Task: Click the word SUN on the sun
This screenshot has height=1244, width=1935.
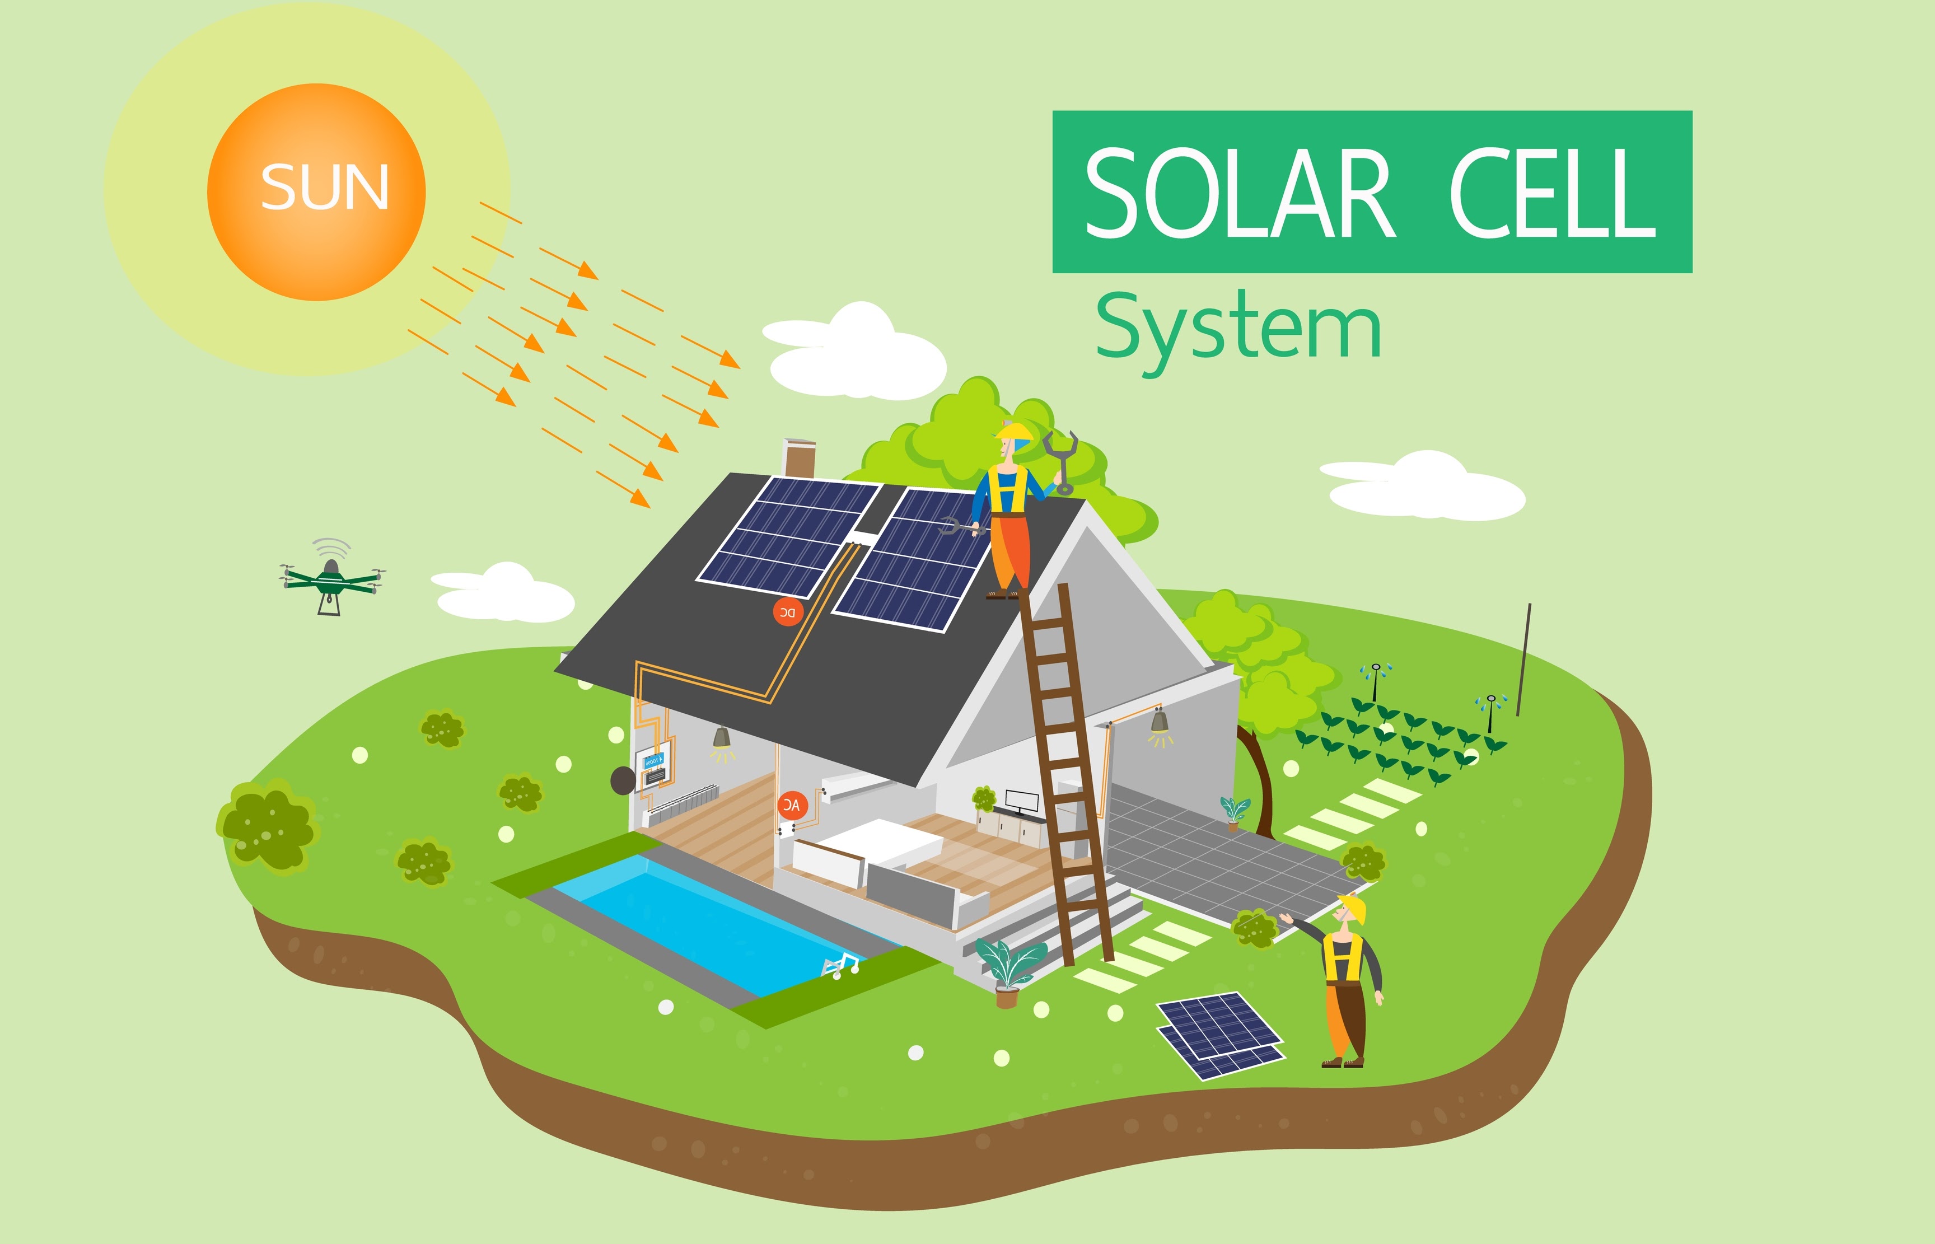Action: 325,188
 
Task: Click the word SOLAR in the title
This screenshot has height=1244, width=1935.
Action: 1239,194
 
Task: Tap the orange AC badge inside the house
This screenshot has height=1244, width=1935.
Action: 792,805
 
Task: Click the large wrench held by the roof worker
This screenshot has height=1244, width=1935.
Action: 1061,460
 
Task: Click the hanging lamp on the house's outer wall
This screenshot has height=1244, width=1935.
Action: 1160,721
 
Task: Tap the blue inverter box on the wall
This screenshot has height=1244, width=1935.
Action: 652,760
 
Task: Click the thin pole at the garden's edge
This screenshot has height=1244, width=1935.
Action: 1524,658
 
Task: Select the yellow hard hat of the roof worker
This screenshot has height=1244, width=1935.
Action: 1015,432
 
